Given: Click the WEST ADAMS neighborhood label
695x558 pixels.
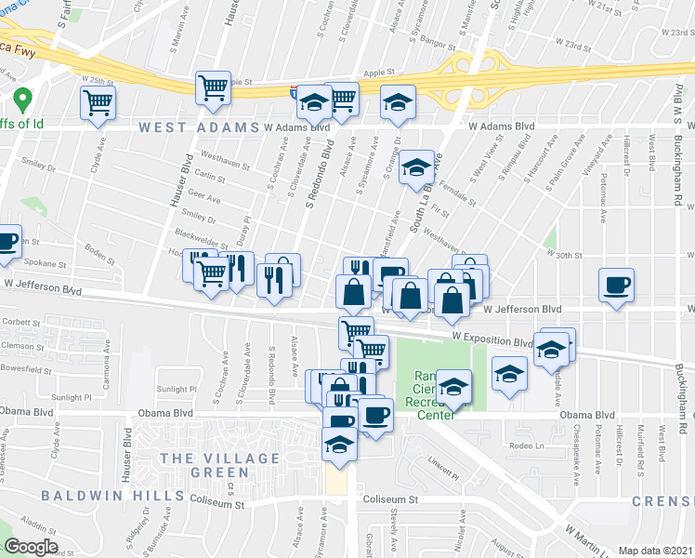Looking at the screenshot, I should click(x=198, y=126).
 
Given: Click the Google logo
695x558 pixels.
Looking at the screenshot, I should click(x=31, y=547).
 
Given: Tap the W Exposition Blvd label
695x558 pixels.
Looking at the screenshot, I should click(x=492, y=341).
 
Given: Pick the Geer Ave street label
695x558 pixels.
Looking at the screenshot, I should click(x=205, y=199).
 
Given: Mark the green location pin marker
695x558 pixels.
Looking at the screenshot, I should click(x=20, y=98).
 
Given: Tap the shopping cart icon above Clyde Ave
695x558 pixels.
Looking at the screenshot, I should click(x=98, y=101).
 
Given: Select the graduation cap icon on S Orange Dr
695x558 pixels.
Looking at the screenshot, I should click(x=417, y=167).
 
